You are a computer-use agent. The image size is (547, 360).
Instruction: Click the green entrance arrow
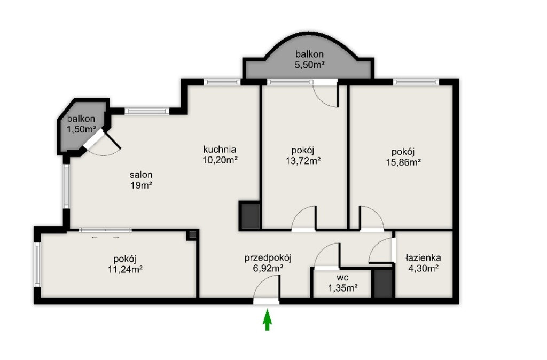267,319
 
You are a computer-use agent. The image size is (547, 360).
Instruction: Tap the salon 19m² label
141,180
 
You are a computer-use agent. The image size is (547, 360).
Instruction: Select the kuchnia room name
220,150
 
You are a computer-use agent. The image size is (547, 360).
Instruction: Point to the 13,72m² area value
303,161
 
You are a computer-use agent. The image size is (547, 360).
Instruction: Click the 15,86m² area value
403,162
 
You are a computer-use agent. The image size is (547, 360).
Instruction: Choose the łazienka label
423,258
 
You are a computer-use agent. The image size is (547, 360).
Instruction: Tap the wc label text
343,278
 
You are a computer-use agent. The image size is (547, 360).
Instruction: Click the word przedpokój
268,259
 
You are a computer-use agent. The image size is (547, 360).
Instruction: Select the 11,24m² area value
125,269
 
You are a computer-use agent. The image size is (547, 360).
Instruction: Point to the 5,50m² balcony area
310,65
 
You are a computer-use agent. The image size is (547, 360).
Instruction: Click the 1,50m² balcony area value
82,129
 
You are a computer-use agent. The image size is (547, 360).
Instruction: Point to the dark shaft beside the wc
383,283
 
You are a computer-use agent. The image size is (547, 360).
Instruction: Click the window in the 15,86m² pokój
416,82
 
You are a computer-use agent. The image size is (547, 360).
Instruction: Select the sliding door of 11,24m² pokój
105,230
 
